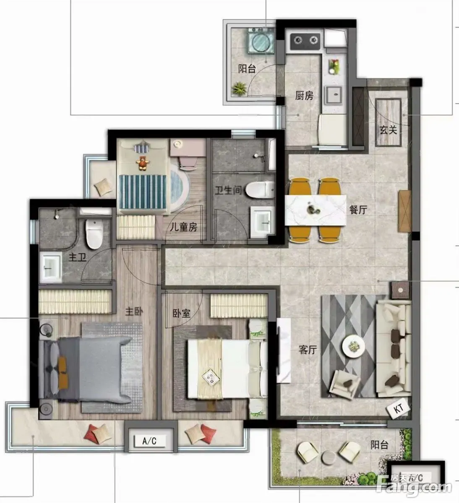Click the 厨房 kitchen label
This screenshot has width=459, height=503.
tap(304, 96)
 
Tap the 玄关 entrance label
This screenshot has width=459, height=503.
tap(388, 130)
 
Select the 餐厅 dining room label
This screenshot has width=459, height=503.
tap(358, 210)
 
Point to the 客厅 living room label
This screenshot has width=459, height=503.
tap(308, 350)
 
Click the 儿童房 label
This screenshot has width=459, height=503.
tap(183, 227)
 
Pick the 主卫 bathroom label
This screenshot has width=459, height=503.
tap(78, 257)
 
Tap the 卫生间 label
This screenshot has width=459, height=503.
tap(228, 190)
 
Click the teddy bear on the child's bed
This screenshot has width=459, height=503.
tap(143, 163)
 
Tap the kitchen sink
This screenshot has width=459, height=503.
tap(334, 95)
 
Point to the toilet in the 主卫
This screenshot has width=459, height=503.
tap(94, 233)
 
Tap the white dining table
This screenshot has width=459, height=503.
tap(316, 210)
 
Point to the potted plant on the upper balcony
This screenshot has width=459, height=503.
tap(239, 88)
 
